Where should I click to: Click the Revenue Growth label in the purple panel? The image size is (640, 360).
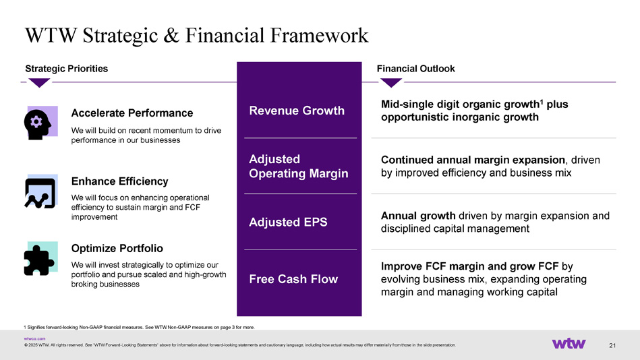(x=297, y=111)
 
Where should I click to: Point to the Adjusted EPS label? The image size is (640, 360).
(x=288, y=222)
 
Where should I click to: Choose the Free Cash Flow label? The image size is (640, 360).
(x=293, y=279)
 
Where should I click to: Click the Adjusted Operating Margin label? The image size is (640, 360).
(x=298, y=166)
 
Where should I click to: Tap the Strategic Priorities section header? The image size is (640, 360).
(x=67, y=69)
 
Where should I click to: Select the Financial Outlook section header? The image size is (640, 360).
(x=415, y=69)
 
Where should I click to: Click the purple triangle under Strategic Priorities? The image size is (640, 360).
(x=40, y=82)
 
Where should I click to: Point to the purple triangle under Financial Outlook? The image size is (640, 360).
(x=391, y=82)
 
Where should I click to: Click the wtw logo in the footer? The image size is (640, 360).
(x=569, y=344)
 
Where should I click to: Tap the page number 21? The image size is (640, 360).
(x=612, y=345)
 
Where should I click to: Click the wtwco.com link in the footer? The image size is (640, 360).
(x=34, y=339)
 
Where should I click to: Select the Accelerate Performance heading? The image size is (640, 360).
(x=132, y=113)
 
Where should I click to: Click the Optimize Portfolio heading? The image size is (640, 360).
(x=117, y=248)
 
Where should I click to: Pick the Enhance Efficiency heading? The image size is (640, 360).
(x=119, y=181)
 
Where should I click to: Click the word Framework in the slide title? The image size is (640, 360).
(x=320, y=35)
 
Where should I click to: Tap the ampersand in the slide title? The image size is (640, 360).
(x=172, y=35)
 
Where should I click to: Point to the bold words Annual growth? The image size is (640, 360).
(x=418, y=216)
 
